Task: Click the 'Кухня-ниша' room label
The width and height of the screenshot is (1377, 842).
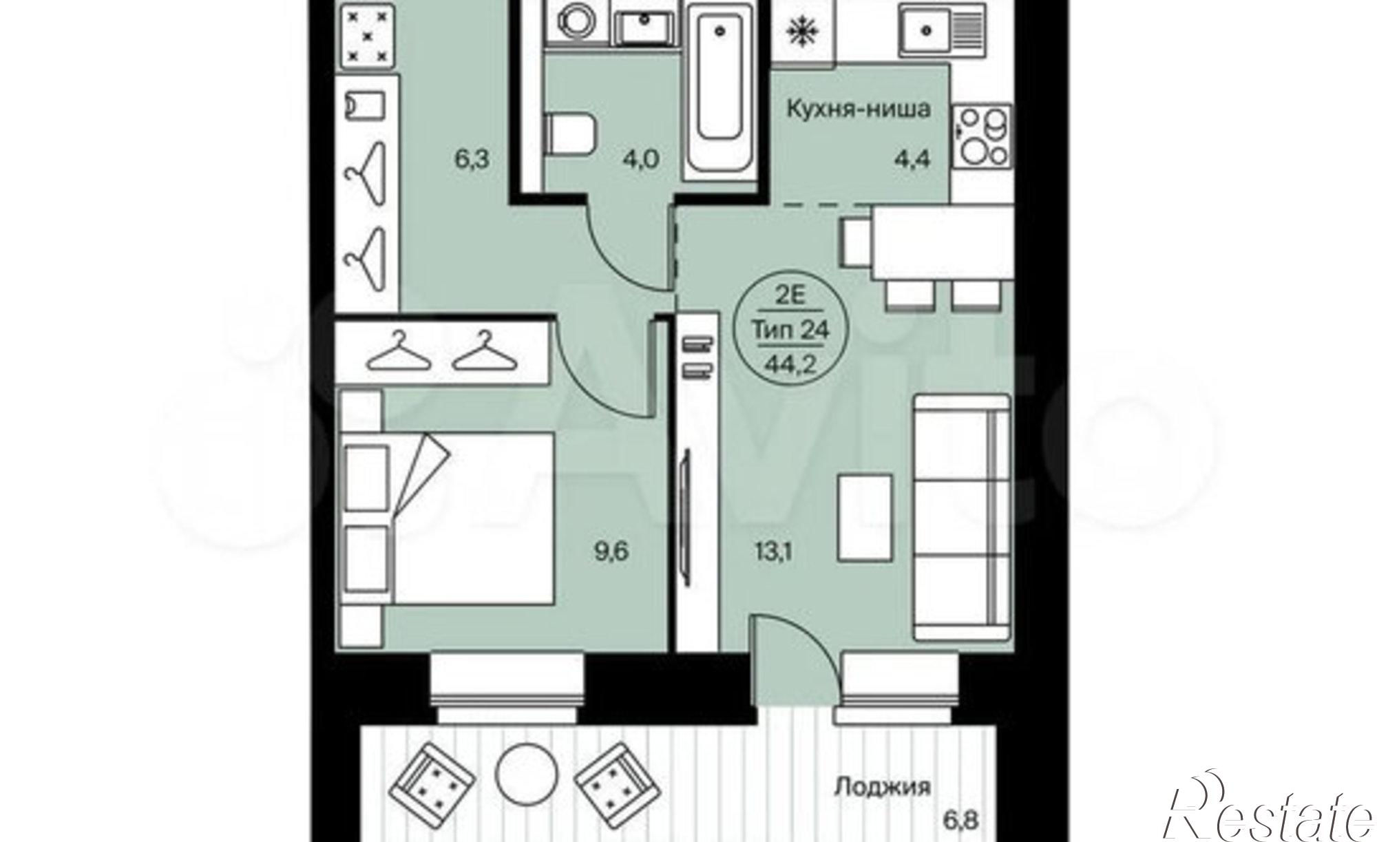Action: pyautogui.click(x=859, y=109)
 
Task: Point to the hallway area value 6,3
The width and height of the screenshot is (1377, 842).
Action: pyautogui.click(x=472, y=160)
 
